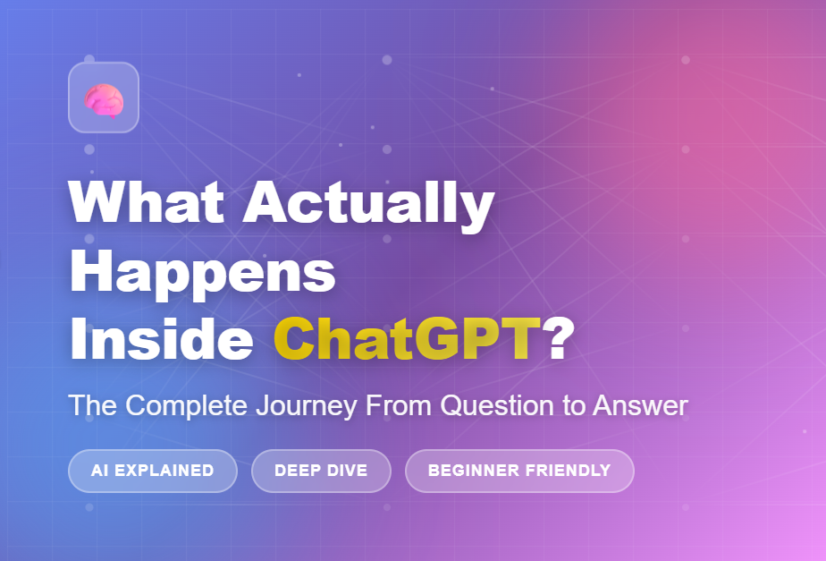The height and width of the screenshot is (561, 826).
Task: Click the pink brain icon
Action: [104, 100]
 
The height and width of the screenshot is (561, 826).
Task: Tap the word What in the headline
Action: [147, 203]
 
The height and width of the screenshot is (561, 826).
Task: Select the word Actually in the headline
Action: [368, 206]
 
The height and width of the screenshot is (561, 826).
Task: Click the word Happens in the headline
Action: [202, 274]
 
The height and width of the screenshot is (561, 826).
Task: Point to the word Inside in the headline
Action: [162, 338]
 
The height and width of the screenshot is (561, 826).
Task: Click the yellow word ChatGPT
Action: [408, 338]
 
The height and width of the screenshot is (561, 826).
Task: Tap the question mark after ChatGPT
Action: [558, 338]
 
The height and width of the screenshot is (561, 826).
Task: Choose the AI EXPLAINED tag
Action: [153, 471]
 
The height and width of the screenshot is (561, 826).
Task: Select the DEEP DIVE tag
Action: [321, 471]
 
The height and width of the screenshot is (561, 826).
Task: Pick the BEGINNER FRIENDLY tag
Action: [519, 471]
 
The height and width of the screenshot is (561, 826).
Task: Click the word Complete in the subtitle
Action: [187, 406]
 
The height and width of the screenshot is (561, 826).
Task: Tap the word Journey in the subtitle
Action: [307, 406]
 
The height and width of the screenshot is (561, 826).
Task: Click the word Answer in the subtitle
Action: [641, 405]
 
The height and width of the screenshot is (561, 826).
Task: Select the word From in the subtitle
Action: [399, 405]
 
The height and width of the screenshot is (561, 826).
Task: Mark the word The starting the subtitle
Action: [93, 405]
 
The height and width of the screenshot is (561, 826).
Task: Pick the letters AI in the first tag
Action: [99, 471]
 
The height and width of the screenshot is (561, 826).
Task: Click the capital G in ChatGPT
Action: [437, 338]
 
